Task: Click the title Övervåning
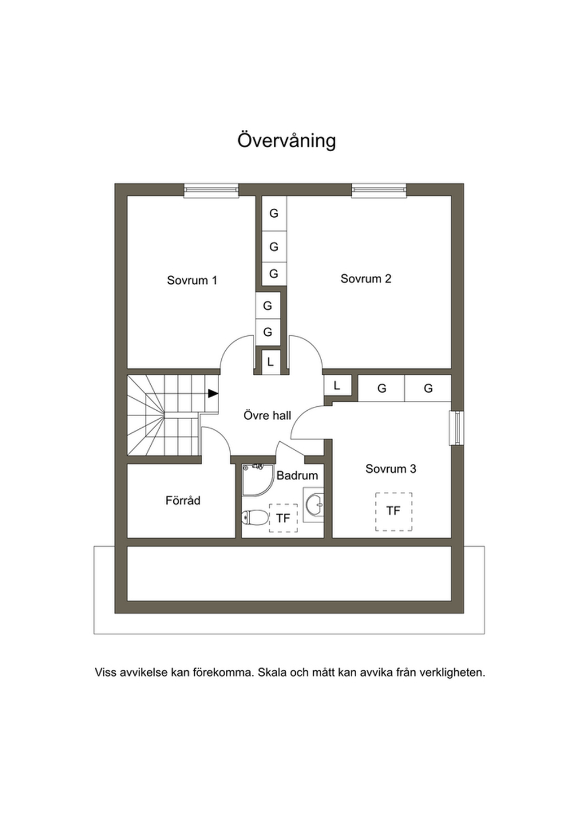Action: tap(286, 140)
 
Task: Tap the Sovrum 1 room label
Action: tap(192, 280)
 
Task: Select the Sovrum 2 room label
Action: tap(366, 279)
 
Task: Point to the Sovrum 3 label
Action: tap(391, 469)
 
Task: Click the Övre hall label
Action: tap(267, 415)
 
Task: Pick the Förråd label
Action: tap(183, 500)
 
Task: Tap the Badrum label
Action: tap(297, 475)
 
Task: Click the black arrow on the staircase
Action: tap(213, 393)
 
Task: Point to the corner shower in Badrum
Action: tap(257, 480)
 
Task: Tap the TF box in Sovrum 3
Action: tap(393, 511)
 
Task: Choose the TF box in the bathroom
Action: tap(283, 518)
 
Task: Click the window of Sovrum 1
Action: tap(211, 190)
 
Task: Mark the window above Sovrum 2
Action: tap(379, 190)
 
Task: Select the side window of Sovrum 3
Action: tap(456, 428)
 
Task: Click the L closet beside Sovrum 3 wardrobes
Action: tap(338, 385)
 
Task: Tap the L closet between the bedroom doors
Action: tap(270, 362)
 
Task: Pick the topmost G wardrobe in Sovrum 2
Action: tap(274, 213)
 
